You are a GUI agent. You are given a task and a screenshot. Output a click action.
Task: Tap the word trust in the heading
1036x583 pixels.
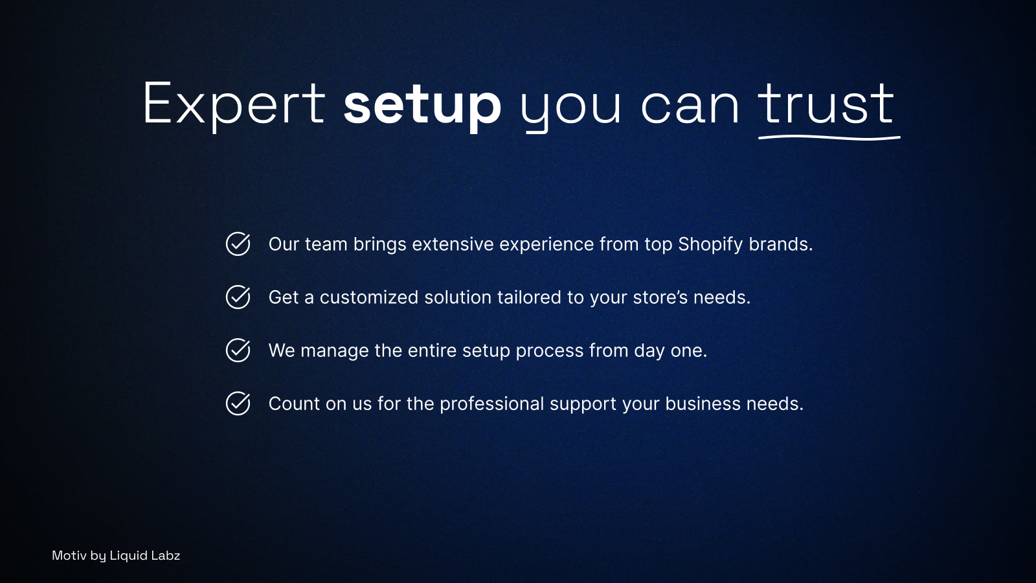point(826,104)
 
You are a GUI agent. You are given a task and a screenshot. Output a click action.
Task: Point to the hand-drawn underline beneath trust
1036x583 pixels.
point(829,137)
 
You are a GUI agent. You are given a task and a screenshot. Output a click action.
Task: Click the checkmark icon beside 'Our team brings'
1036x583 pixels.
point(238,244)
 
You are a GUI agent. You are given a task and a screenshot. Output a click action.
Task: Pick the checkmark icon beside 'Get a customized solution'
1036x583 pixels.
point(238,297)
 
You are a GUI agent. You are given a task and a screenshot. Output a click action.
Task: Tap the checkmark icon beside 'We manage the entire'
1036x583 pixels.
point(238,350)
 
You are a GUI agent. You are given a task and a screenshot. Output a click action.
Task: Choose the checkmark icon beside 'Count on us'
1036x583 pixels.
point(238,404)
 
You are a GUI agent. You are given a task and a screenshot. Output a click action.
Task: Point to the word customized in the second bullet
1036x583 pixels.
point(369,297)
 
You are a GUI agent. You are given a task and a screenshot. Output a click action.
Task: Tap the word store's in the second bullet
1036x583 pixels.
point(660,297)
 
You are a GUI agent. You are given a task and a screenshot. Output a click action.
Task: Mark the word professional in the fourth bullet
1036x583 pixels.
point(491,405)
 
